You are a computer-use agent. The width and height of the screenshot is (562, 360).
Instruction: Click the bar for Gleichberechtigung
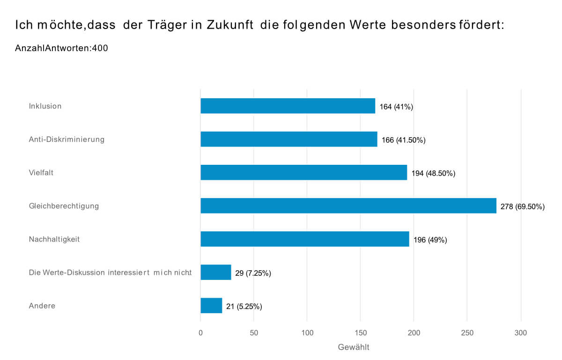(x=348, y=206)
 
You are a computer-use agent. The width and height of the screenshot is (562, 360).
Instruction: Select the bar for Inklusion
(x=288, y=106)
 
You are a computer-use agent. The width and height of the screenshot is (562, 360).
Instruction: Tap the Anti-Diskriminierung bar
(x=288, y=139)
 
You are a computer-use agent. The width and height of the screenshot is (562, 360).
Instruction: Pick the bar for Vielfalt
(x=303, y=172)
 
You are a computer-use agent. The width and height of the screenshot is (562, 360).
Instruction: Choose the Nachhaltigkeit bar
(x=304, y=239)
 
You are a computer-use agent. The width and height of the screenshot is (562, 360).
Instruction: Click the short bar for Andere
(x=211, y=306)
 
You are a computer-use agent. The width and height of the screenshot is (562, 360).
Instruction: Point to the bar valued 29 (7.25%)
(x=215, y=272)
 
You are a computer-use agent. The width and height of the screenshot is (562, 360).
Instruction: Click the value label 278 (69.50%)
(x=522, y=206)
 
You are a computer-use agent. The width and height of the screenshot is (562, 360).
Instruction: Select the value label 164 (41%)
(x=396, y=107)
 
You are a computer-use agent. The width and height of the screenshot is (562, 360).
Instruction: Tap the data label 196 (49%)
(x=430, y=240)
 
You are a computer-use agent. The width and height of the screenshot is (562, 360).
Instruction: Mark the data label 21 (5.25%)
(x=244, y=307)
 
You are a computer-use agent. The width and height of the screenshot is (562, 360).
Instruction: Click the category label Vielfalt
(x=41, y=172)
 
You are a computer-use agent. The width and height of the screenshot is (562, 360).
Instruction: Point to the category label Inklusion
(x=45, y=106)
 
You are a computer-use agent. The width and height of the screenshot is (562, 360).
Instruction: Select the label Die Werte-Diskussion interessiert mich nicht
(x=110, y=272)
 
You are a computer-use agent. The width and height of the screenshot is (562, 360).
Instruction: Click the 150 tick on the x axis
(x=360, y=333)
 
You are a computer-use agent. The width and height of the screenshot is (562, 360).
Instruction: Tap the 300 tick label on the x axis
(x=520, y=333)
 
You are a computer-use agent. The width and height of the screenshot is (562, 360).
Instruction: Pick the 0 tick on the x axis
(x=200, y=333)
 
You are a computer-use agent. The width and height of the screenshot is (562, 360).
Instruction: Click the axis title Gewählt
(x=354, y=347)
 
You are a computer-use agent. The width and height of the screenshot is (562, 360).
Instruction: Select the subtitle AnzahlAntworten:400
(x=61, y=48)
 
